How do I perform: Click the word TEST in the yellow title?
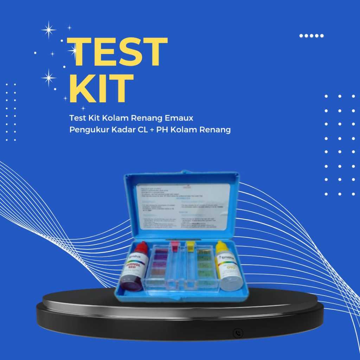(117, 52)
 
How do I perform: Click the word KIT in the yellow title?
(101, 88)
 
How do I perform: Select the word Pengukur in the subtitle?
(85, 130)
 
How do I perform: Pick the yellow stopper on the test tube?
(190, 246)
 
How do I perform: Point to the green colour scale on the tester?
(204, 267)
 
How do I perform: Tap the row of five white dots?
(311, 36)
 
